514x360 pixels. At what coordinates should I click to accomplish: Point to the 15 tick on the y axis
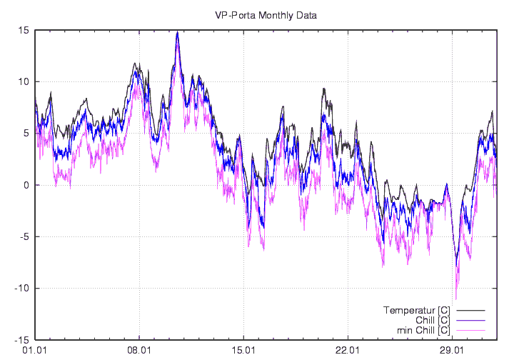coord(24,30)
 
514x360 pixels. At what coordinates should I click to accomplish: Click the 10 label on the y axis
coord(24,81)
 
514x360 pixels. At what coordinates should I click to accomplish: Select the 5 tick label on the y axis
coord(26,133)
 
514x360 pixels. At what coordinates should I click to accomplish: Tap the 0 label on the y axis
coord(26,185)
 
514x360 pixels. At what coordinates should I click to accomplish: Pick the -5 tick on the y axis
coord(24,236)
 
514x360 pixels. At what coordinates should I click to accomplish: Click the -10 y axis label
coord(21,288)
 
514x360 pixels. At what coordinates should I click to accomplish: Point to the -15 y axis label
coord(21,340)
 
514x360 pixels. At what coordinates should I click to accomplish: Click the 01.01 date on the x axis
coord(35,351)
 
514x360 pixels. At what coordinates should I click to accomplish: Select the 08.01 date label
coord(138,351)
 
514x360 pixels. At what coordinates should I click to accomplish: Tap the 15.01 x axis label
coord(243,351)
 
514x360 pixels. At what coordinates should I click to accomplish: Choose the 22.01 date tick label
coord(347,351)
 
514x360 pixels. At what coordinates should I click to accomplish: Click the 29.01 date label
coord(451,351)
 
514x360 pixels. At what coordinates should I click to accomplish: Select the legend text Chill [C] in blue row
coord(428,320)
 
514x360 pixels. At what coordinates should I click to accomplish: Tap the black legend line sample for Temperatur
coord(470,311)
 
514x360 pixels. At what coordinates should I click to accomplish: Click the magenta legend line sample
coord(470,331)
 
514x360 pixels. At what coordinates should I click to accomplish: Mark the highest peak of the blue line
coord(177,33)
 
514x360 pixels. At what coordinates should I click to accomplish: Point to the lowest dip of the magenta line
coord(455,299)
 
